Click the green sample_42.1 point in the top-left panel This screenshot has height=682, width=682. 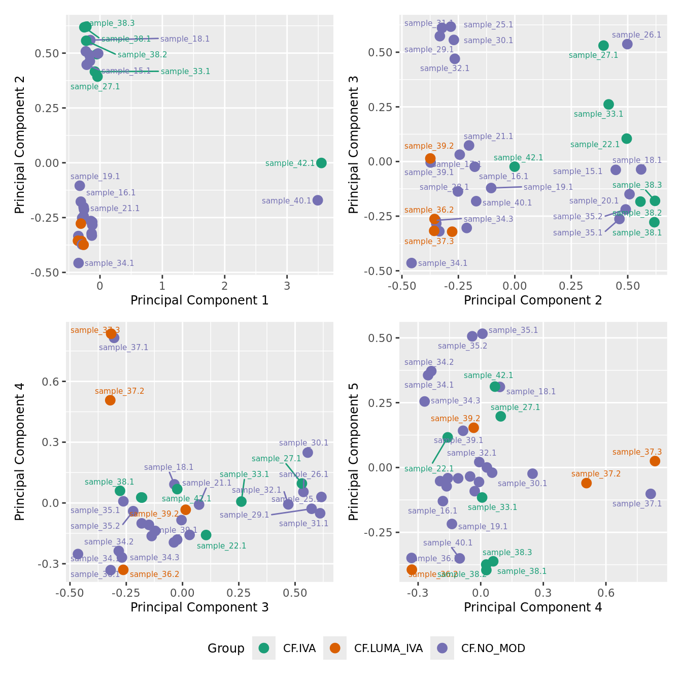pyautogui.click(x=321, y=163)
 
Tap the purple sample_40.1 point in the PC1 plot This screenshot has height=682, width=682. pyautogui.click(x=318, y=200)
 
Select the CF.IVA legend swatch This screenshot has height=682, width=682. pyautogui.click(x=264, y=648)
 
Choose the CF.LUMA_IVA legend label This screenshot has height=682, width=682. pyautogui.click(x=388, y=648)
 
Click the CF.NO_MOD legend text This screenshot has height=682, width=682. pyautogui.click(x=493, y=648)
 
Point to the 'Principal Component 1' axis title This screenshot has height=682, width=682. pyautogui.click(x=199, y=300)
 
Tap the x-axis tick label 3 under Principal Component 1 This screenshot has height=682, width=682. pyautogui.click(x=287, y=286)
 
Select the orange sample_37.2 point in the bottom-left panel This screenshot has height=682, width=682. pyautogui.click(x=110, y=400)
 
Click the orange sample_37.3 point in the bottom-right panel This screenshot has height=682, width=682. pyautogui.click(x=655, y=461)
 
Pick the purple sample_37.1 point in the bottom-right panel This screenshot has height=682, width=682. pyautogui.click(x=651, y=494)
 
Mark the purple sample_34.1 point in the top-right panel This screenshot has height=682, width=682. pyautogui.click(x=412, y=263)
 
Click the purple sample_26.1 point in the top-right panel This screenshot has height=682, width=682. pyautogui.click(x=627, y=44)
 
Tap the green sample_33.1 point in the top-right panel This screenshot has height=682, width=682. pyautogui.click(x=608, y=104)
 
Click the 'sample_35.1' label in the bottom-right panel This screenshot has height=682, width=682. pyautogui.click(x=513, y=330)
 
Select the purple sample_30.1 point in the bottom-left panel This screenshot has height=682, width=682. pyautogui.click(x=308, y=453)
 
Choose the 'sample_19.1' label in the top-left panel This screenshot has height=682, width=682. pyautogui.click(x=95, y=177)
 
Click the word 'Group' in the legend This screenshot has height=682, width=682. pyautogui.click(x=226, y=649)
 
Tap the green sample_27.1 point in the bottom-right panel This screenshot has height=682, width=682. pyautogui.click(x=500, y=416)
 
